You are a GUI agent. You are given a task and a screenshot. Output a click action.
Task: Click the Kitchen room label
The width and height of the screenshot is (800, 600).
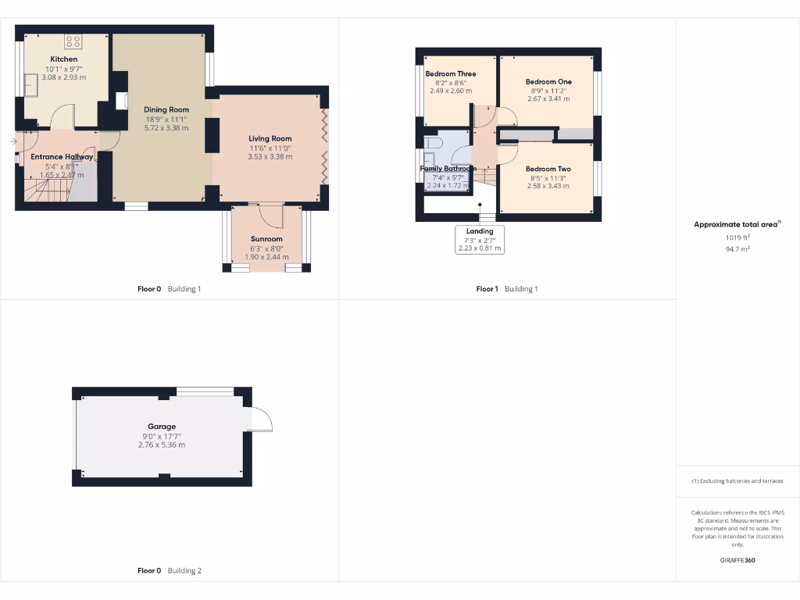point(64,59)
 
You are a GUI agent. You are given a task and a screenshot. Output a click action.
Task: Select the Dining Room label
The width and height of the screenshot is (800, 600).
point(166,110)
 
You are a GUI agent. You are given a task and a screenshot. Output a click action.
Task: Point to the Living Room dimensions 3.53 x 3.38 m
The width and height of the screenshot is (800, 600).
point(270,156)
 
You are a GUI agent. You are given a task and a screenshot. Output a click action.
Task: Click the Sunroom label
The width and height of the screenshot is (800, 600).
point(266,239)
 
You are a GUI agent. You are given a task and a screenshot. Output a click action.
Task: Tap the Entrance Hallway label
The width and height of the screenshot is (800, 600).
point(62,157)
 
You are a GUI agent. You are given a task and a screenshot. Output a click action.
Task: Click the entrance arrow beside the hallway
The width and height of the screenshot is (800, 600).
point(12,141)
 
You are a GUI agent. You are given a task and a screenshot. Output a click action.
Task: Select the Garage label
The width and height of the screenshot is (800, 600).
point(162,427)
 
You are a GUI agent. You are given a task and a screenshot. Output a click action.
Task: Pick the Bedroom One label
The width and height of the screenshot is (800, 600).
point(548,82)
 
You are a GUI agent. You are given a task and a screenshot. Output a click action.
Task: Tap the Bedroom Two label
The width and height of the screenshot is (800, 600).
point(548,169)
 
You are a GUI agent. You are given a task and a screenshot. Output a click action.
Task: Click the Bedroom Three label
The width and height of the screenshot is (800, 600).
point(451,74)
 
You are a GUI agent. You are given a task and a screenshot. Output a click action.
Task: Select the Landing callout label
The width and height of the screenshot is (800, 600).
point(480,231)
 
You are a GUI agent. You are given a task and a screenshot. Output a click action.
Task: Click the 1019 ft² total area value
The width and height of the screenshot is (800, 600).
point(737,237)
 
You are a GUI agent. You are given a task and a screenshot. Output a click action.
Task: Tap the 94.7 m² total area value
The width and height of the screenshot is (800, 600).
point(737,249)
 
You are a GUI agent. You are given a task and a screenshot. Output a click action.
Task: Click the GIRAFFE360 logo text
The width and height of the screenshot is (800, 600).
point(737,560)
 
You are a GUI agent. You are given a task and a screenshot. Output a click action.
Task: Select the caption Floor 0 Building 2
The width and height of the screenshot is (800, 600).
point(170,570)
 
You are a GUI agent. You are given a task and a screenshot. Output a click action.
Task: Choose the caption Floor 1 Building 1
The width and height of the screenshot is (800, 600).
point(507,289)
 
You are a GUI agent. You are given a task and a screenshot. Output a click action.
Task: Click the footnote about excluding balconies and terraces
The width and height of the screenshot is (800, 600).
point(737,481)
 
